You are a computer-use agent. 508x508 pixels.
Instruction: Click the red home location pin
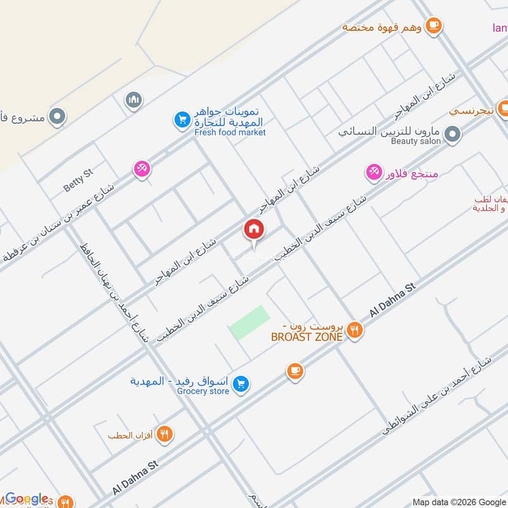tap(253, 229)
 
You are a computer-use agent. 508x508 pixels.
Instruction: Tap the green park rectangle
tap(249, 323)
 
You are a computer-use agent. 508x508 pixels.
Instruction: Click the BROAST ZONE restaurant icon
tap(354, 330)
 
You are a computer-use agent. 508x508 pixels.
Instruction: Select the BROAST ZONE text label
tap(307, 337)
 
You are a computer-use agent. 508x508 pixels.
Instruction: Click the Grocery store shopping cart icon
tap(240, 384)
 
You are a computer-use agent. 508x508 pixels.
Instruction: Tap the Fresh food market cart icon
tap(182, 119)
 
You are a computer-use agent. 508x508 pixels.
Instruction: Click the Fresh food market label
tap(230, 133)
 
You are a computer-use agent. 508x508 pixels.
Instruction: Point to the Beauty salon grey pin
tap(452, 134)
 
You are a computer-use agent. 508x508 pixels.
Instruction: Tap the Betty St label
tap(78, 180)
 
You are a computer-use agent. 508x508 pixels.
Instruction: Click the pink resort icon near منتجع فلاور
tap(373, 172)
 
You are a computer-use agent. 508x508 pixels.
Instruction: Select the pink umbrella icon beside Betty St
tap(142, 169)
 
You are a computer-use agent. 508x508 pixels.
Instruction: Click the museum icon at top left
tap(133, 100)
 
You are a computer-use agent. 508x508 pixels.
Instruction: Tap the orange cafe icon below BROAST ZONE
tap(294, 371)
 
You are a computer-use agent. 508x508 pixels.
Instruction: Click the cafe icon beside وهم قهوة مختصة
tap(434, 25)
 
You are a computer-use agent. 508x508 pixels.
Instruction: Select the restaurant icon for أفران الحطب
tap(164, 434)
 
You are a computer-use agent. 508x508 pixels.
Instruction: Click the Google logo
tap(27, 498)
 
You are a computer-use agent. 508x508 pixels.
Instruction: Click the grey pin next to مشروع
tap(57, 117)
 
